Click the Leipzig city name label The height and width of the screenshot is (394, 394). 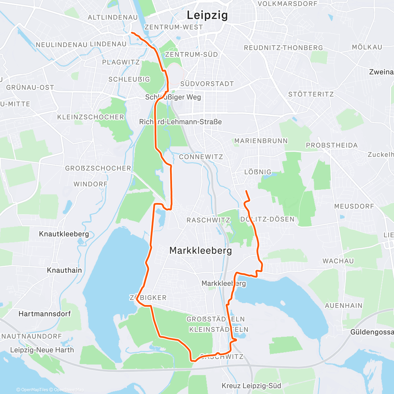coord(207,15)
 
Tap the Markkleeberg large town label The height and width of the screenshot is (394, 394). coord(201,251)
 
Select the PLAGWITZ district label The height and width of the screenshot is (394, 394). coord(121,62)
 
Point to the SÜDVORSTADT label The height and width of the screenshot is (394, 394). coord(207,84)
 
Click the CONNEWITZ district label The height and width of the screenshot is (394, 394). coord(201,157)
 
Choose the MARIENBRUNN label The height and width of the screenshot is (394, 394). coord(261,141)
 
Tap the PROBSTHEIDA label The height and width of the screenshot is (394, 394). coord(332,145)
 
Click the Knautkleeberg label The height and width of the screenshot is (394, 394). coord(64,234)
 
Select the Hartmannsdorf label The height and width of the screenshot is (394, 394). coord(45,314)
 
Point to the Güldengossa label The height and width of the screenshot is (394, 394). coord(372,332)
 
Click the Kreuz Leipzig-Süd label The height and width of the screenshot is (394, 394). coord(252,386)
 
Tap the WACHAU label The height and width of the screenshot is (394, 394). coord(338,261)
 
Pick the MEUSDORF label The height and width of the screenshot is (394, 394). coord(354,206)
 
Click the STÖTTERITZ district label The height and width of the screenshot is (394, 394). coord(311,94)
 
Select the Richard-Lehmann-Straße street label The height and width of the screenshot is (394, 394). coord(181,122)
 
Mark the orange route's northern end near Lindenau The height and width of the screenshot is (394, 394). coord(132,33)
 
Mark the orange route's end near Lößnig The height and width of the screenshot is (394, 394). coord(246,191)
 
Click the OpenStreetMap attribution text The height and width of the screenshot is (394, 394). coord(69,390)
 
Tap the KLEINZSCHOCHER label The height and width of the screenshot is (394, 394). coord(91,117)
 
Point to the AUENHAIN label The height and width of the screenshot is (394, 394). coord(343,306)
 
